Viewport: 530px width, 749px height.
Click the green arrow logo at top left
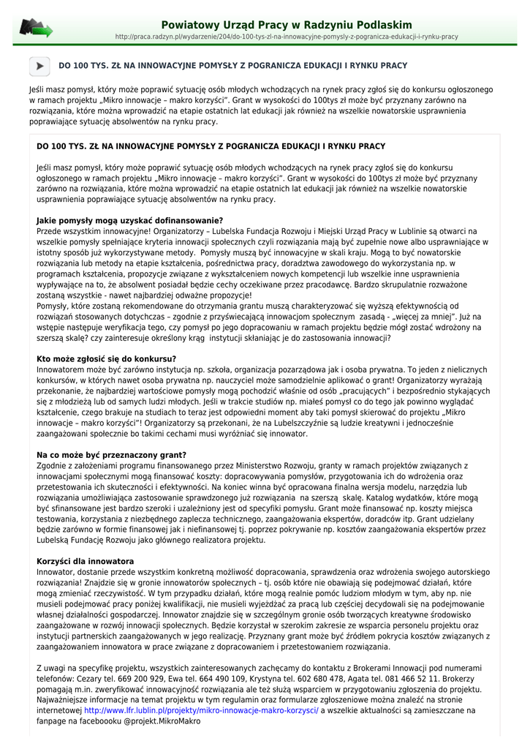pos(36,29)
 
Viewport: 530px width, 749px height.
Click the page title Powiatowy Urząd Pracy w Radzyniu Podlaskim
pos(287,25)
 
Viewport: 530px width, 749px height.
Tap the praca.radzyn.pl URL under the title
pos(287,37)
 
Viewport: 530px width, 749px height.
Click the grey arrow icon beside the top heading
pos(39,67)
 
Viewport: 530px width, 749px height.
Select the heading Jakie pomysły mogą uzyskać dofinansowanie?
pos(129,220)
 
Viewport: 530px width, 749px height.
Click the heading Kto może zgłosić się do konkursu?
pos(106,359)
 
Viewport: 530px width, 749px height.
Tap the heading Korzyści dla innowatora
pos(85,561)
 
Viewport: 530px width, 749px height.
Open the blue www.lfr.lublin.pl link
pos(201,710)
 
